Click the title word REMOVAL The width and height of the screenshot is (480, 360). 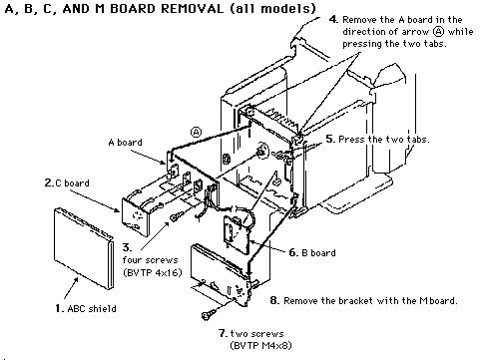pyautogui.click(x=192, y=8)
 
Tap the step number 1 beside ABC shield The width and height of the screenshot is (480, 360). pyautogui.click(x=59, y=308)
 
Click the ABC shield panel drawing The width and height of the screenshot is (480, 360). pyautogui.click(x=84, y=247)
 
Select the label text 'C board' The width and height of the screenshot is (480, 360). pyautogui.click(x=72, y=183)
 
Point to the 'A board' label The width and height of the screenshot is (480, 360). pyautogui.click(x=125, y=143)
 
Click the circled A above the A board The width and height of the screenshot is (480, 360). pyautogui.click(x=196, y=132)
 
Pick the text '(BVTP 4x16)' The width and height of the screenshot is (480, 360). pyautogui.click(x=153, y=272)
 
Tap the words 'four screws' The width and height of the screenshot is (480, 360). pyautogui.click(x=150, y=260)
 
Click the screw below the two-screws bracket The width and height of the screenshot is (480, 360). pyautogui.click(x=209, y=314)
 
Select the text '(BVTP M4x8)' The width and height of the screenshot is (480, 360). pyautogui.click(x=260, y=345)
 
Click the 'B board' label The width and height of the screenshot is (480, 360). pyautogui.click(x=318, y=253)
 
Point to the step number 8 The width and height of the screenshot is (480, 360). pyautogui.click(x=274, y=300)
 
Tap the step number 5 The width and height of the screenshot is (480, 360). pyautogui.click(x=330, y=139)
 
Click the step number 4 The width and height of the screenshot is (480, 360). pyautogui.click(x=333, y=19)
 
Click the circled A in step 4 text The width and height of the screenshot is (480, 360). pyautogui.click(x=439, y=32)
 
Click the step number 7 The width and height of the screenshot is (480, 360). pyautogui.click(x=223, y=333)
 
